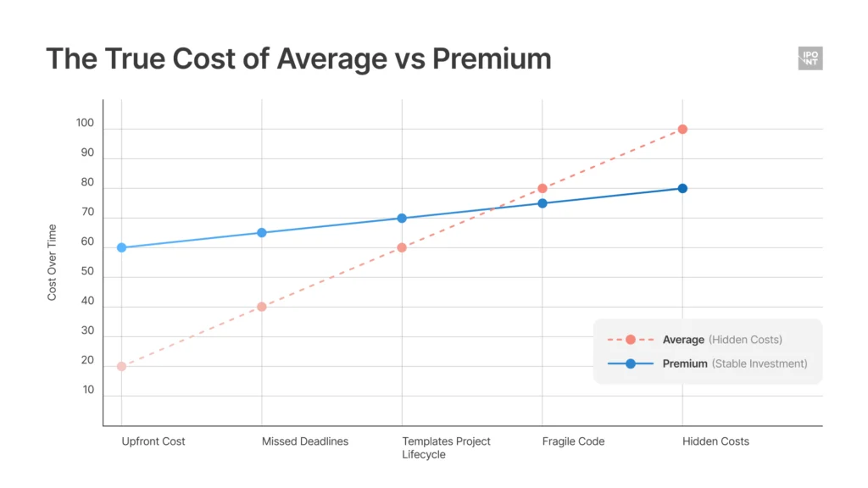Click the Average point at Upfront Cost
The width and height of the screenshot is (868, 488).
click(121, 366)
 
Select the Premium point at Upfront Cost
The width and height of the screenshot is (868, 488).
click(121, 247)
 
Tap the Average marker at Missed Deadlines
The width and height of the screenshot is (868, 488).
click(262, 307)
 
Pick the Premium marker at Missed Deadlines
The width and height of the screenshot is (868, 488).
click(262, 232)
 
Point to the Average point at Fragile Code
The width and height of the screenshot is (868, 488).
click(542, 188)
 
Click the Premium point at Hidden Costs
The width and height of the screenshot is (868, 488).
click(682, 188)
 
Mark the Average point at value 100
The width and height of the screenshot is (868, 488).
click(682, 129)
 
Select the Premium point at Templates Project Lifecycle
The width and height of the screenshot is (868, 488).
click(402, 218)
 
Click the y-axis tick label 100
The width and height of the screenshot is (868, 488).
click(85, 124)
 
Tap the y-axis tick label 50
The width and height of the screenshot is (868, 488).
click(88, 272)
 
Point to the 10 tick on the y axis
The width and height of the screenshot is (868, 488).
click(88, 390)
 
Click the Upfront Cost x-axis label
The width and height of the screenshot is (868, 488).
click(153, 441)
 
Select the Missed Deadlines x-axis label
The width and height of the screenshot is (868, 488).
click(305, 441)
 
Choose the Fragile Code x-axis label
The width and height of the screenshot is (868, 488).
click(573, 441)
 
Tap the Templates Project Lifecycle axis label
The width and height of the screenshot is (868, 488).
click(446, 447)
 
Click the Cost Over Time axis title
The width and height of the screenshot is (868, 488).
click(52, 262)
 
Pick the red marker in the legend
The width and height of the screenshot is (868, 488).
click(630, 340)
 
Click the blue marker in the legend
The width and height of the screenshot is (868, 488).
click(630, 363)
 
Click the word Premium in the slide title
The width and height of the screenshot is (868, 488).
click(492, 58)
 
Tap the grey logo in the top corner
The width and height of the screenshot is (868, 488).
click(810, 58)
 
